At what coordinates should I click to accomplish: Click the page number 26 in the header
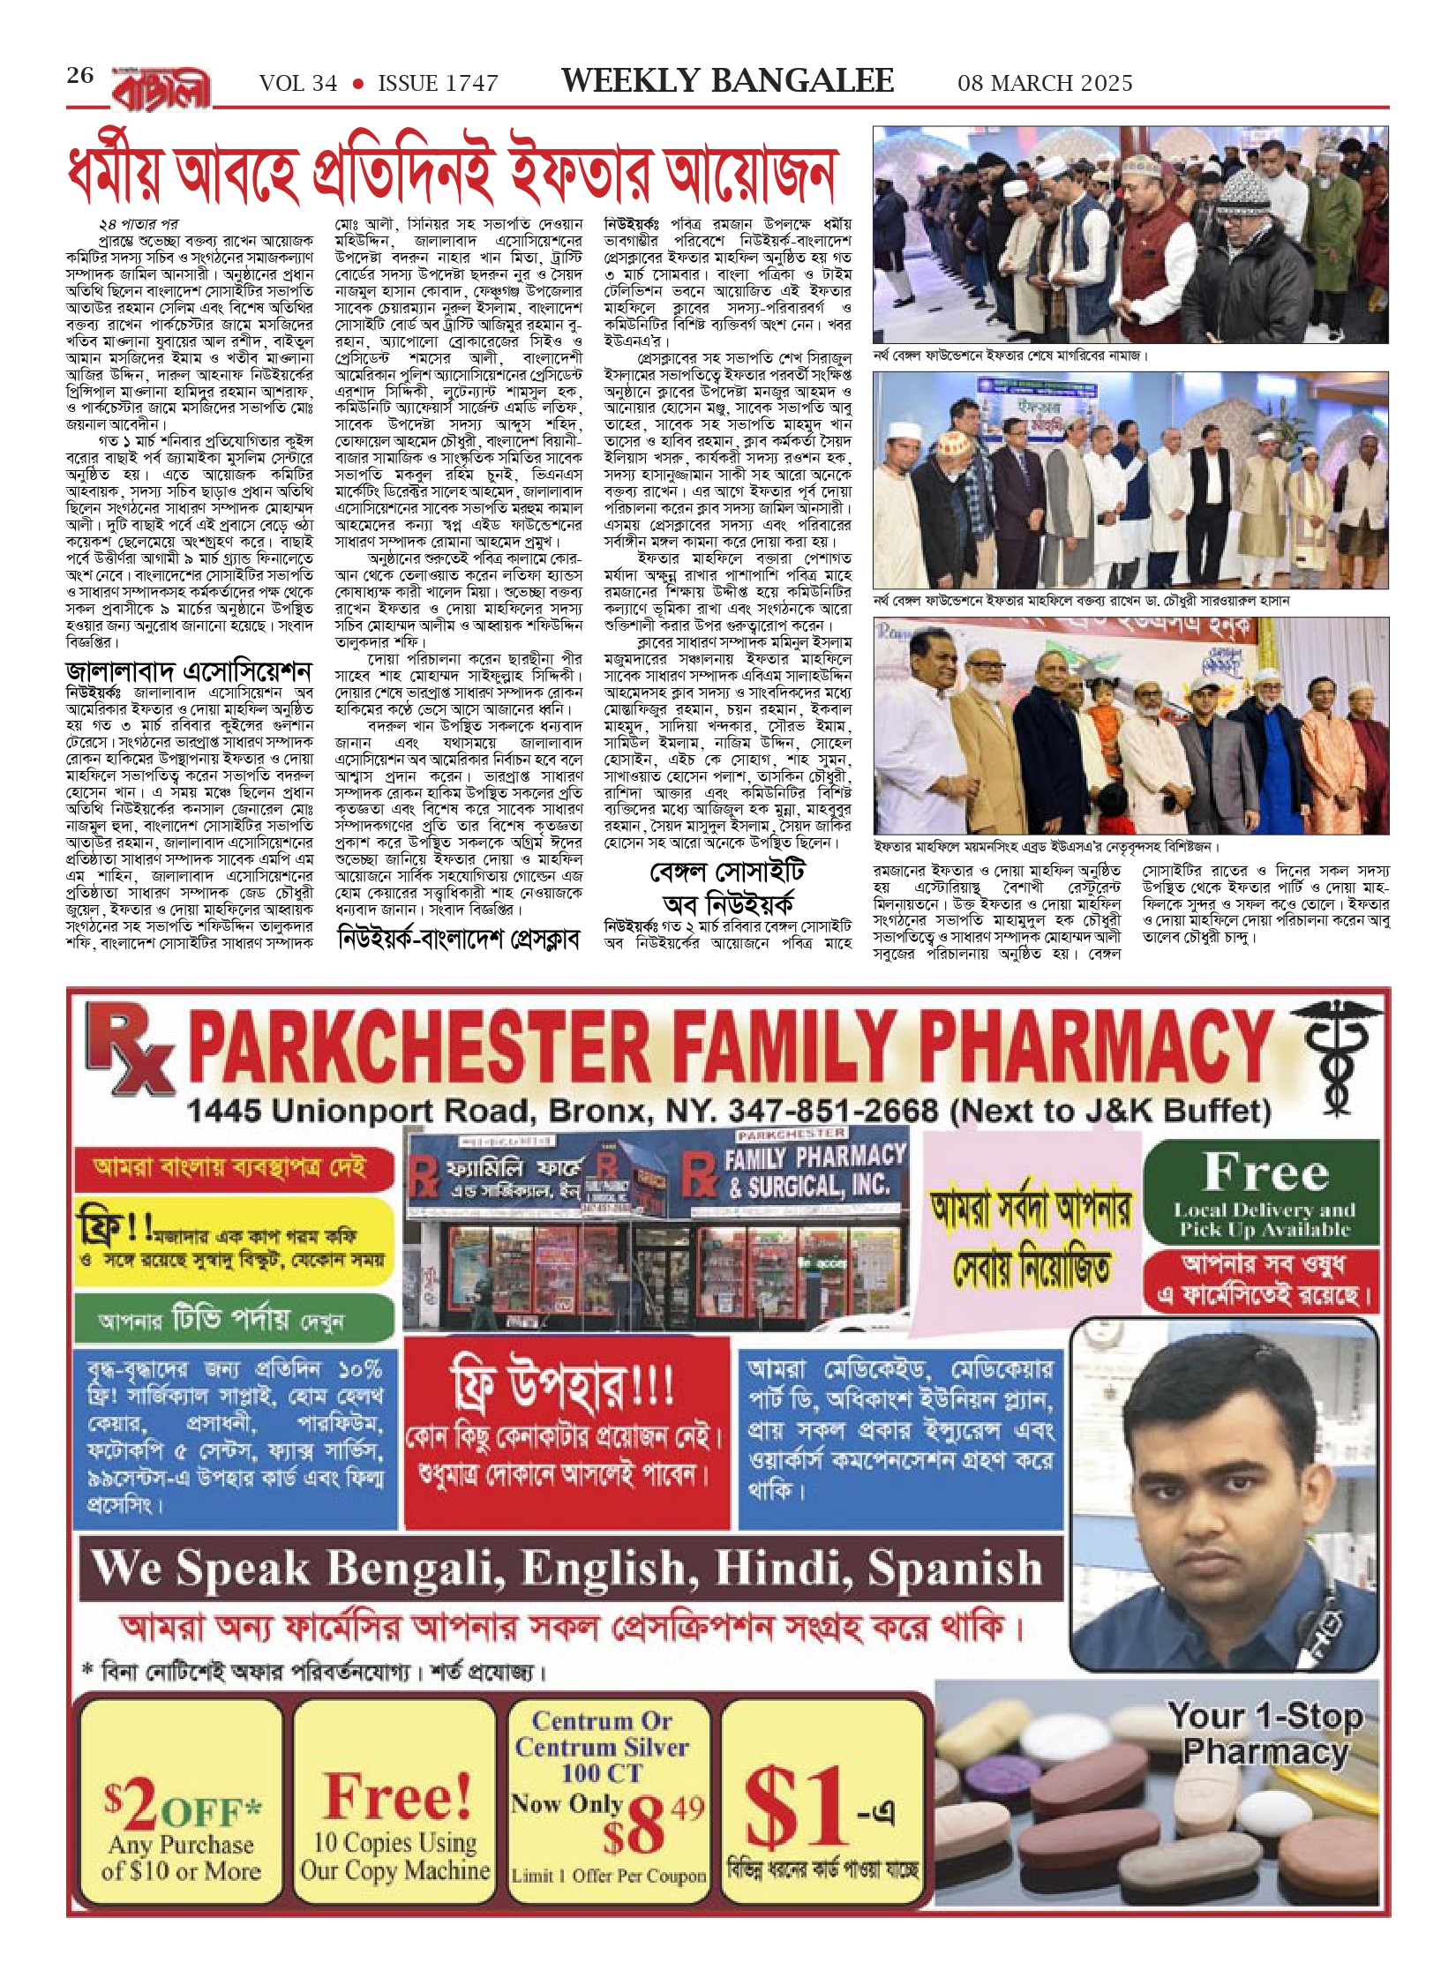80,76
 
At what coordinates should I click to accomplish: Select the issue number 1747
467,84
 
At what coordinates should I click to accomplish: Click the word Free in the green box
1265,1172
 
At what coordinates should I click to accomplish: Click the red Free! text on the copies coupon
397,1796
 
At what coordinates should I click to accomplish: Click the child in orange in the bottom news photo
1092,731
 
